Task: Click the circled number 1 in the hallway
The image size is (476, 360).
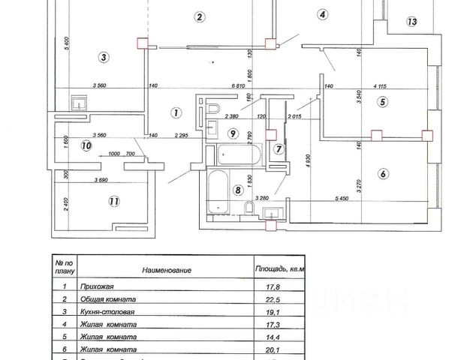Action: (x=174, y=113)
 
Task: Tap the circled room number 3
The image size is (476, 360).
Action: (x=104, y=56)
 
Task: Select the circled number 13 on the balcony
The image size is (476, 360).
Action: (x=411, y=22)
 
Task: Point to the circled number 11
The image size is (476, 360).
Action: (x=113, y=201)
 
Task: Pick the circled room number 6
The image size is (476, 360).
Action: (x=383, y=174)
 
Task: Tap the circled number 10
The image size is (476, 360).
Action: (x=86, y=146)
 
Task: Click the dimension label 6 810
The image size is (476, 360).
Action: (x=240, y=85)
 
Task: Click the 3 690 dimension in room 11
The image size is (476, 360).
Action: (x=93, y=180)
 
